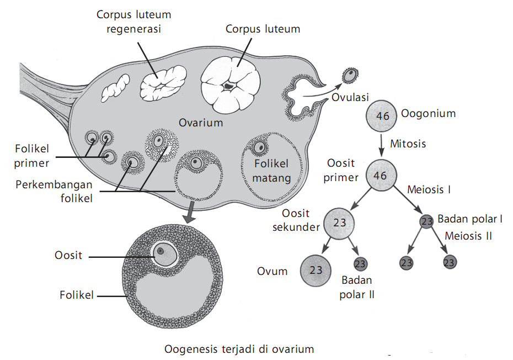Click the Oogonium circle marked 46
point(382,115)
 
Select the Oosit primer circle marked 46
point(380,176)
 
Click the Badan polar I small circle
point(426,221)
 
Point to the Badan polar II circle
point(360,263)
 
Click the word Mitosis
point(408,144)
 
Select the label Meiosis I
point(429,189)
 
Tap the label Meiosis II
point(468,236)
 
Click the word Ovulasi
point(350,98)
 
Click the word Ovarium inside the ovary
point(200,123)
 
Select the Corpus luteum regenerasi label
point(133,21)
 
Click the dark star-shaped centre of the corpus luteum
point(227,86)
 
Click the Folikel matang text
point(272,171)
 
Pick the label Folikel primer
point(32,155)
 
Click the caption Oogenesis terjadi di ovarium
point(239,349)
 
